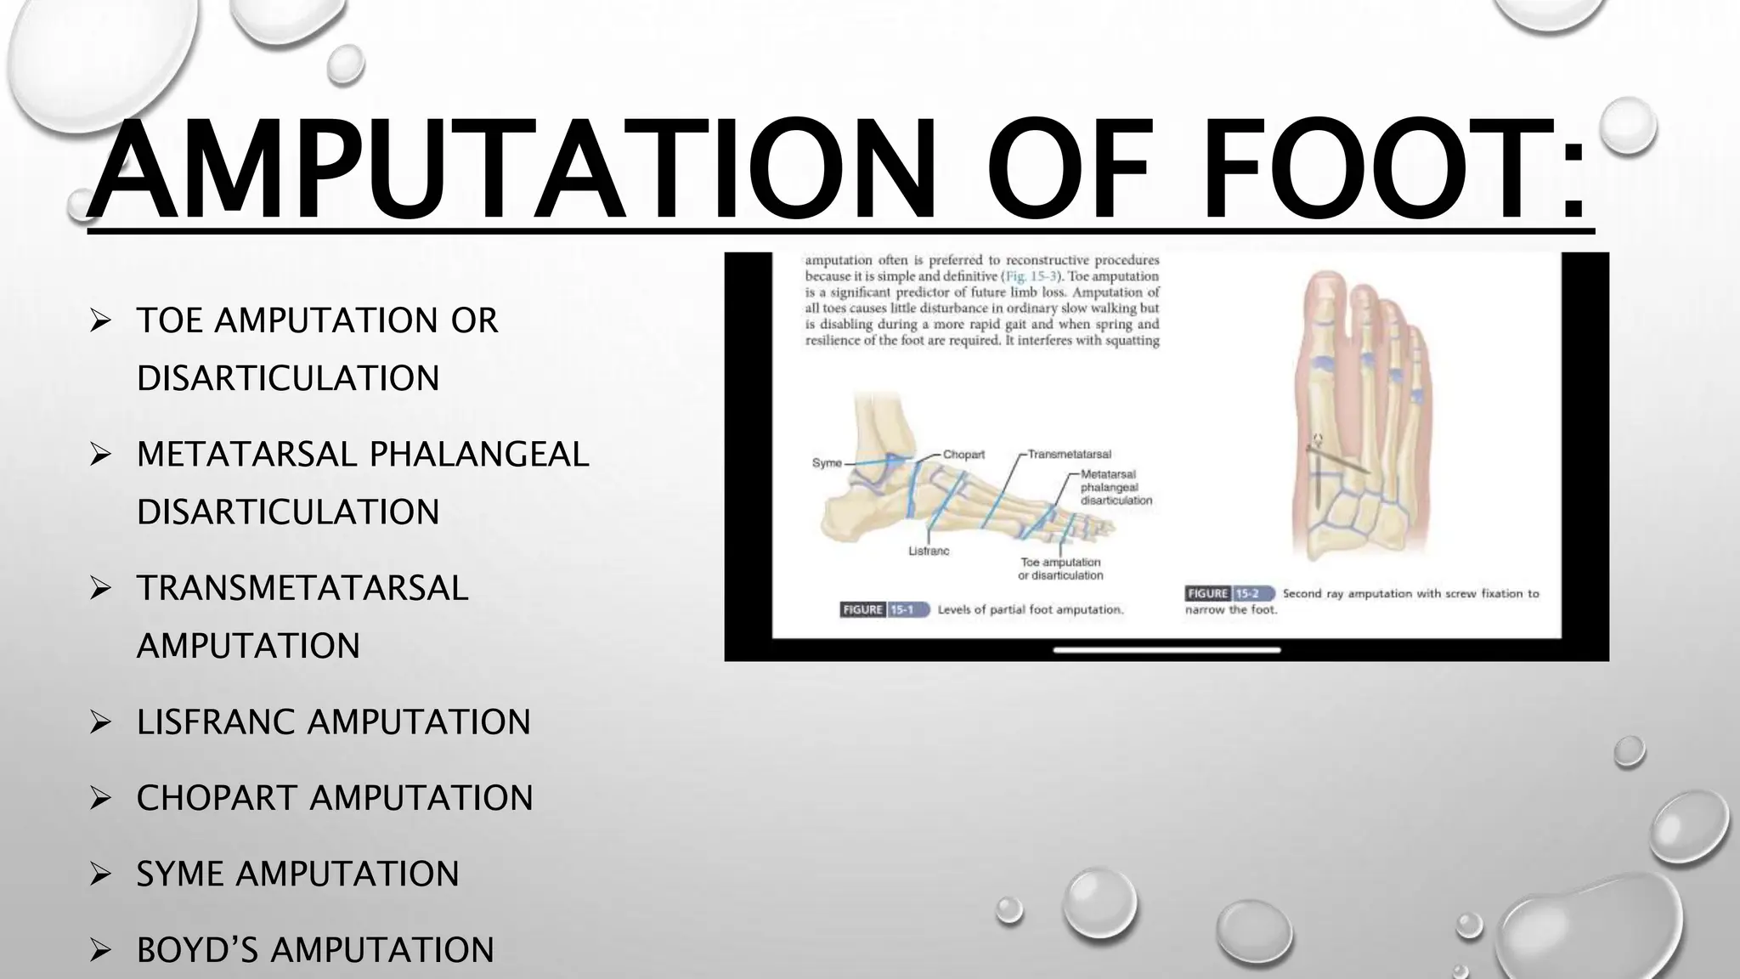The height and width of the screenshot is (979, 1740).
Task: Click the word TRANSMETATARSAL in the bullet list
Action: click(302, 588)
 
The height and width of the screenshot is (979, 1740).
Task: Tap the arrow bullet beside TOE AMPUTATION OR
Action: click(100, 321)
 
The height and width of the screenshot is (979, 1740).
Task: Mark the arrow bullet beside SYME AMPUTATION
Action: click(100, 874)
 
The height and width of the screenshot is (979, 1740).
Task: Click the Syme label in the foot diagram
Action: click(826, 463)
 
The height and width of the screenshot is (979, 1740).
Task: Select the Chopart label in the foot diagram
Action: click(963, 455)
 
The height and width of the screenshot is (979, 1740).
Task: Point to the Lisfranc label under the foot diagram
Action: click(929, 552)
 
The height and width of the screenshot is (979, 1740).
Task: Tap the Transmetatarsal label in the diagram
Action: click(1069, 455)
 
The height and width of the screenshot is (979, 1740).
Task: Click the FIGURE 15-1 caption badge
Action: click(884, 609)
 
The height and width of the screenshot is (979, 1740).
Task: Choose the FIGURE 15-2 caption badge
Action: click(1229, 593)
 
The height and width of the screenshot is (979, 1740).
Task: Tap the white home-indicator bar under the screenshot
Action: click(1167, 650)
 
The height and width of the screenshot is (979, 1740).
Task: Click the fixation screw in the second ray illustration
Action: click(1337, 464)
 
